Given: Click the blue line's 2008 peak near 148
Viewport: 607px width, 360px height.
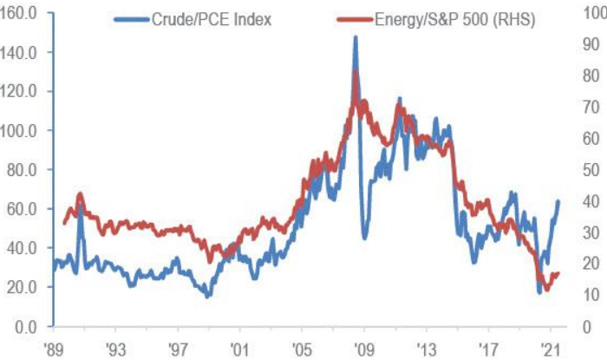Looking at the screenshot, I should coord(356,37).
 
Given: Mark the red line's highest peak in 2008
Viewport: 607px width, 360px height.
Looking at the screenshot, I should coord(356,71).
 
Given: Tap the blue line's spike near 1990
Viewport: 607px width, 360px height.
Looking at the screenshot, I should coord(80,206).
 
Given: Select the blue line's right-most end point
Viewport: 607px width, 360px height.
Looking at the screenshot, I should coord(558,201).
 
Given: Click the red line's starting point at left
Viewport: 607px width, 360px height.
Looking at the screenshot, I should coord(63,223).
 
